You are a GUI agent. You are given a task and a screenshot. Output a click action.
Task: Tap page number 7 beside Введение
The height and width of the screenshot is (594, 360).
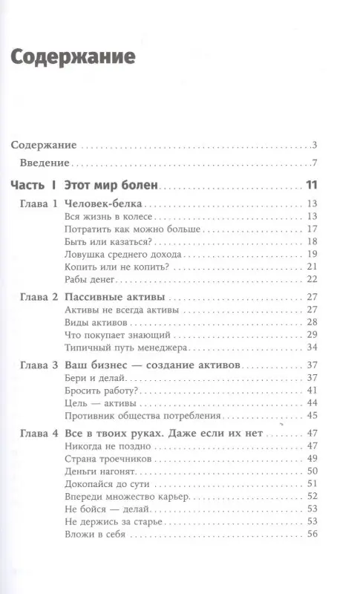(315, 163)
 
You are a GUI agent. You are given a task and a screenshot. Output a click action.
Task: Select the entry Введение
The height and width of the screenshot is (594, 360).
(45, 163)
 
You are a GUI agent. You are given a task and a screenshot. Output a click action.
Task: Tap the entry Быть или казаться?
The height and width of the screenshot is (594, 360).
(97, 241)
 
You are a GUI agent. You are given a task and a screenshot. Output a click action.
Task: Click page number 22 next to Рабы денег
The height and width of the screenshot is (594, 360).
(311, 278)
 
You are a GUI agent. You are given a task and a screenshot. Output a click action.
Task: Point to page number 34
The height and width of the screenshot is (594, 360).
(311, 347)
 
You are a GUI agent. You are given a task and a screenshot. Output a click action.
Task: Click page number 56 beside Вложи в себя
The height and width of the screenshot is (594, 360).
(311, 534)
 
